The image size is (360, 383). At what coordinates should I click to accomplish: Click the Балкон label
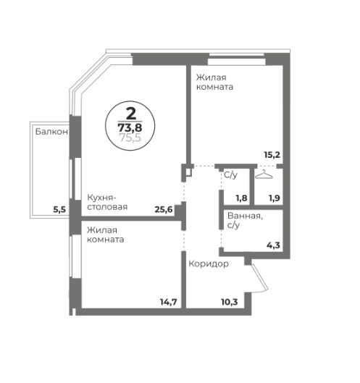51,132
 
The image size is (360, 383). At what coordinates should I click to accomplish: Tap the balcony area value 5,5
59,209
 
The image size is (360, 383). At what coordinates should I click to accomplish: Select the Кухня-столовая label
107,202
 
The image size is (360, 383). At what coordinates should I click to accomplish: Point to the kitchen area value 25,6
164,209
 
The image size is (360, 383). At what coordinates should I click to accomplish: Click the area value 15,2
272,155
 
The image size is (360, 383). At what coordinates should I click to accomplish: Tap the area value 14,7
168,302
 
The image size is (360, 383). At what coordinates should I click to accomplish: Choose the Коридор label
209,264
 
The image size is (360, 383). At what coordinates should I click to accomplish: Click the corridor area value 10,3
229,302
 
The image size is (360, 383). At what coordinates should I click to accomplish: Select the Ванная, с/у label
245,220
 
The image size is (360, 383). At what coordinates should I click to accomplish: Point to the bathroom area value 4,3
273,245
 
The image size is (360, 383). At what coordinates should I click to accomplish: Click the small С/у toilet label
230,175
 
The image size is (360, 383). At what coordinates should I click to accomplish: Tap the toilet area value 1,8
241,198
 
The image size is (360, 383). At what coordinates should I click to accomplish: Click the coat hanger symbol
264,174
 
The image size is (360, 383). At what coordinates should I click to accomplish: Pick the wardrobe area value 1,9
275,198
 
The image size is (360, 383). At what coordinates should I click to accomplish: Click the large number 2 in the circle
131,114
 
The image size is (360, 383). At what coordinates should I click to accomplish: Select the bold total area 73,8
130,127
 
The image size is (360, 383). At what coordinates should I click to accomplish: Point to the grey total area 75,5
130,138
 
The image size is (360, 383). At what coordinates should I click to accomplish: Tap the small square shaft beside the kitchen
188,172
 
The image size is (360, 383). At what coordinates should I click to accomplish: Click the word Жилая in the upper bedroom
212,77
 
